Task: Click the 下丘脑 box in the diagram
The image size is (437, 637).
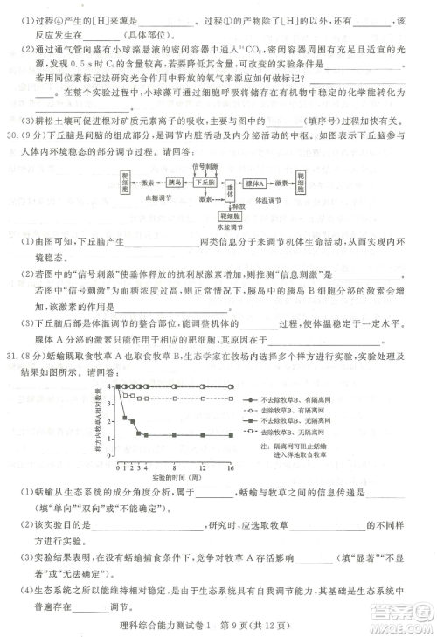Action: pyautogui.click(x=206, y=183)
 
